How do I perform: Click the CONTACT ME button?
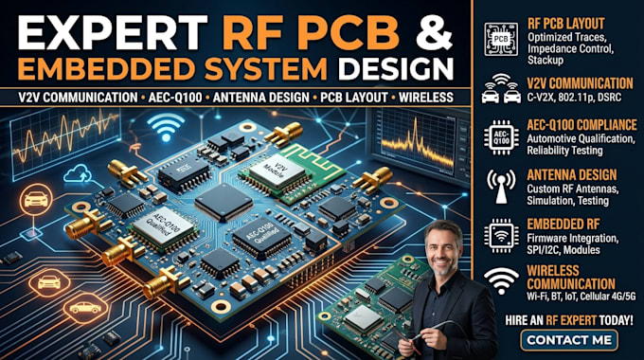[569, 340]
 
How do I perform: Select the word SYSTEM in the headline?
[266, 68]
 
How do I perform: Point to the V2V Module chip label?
[275, 171]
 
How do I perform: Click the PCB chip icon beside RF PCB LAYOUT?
[501, 39]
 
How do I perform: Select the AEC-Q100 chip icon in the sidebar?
[501, 137]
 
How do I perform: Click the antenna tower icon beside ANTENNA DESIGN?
[501, 187]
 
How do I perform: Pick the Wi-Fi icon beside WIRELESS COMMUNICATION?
[501, 280]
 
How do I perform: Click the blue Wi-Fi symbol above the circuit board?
[166, 126]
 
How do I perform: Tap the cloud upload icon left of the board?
[78, 173]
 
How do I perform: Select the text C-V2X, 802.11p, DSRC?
[574, 98]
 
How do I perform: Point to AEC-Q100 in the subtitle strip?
[175, 98]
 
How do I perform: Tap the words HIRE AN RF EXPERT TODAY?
[569, 320]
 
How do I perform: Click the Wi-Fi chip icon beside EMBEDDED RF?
[501, 236]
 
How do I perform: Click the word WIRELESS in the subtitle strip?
[426, 98]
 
